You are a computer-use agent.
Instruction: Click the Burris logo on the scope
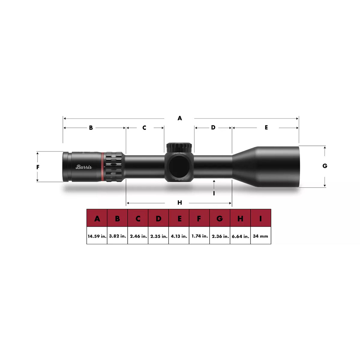(83, 166)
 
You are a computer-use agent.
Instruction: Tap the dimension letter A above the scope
(179, 118)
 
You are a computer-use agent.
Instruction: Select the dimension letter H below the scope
(179, 202)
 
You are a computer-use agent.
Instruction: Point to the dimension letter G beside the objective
(325, 166)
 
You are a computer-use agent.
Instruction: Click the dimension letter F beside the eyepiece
(38, 167)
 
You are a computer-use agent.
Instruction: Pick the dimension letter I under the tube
(214, 193)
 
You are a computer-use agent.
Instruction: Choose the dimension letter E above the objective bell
(266, 127)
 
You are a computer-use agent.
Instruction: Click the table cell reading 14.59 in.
(97, 236)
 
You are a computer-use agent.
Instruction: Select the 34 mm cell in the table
(261, 236)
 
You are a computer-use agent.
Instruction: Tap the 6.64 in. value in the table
(240, 236)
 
